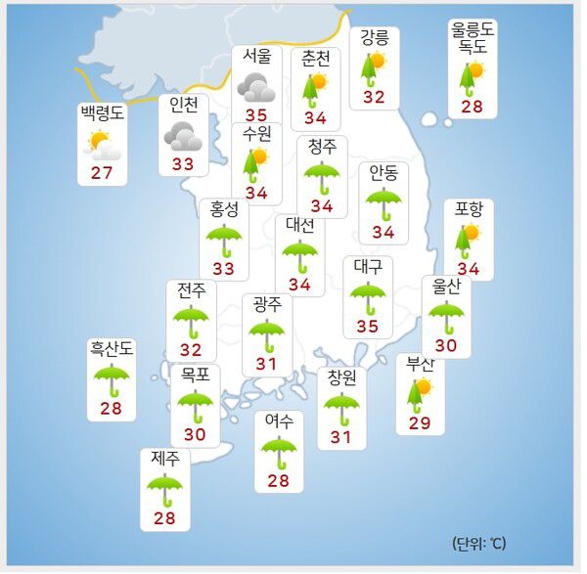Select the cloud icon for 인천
183,135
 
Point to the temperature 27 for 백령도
102,173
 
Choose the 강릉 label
374,38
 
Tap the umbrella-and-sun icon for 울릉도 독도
472,77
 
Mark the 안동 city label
384,173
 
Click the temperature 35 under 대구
369,326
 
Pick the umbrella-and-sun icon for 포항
469,239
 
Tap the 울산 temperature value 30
446,345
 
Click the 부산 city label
421,364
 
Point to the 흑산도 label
112,347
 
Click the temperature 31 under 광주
266,364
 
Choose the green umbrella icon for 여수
279,451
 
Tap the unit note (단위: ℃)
479,543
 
